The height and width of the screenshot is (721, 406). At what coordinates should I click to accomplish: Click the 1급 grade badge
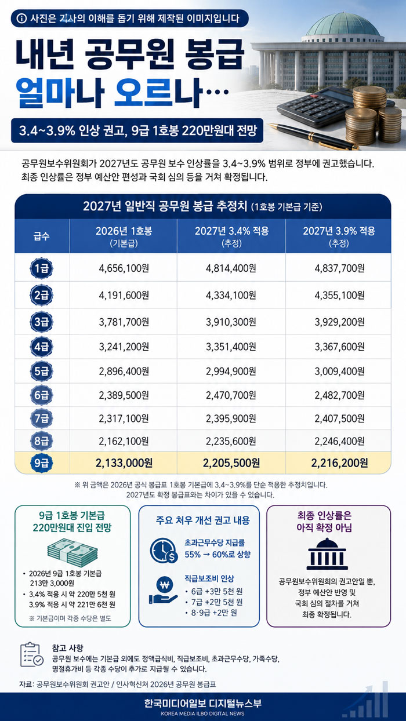point(41,268)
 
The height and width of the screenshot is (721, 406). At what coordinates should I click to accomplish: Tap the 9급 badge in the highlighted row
point(41,463)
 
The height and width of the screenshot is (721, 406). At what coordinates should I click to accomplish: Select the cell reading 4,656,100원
point(124,268)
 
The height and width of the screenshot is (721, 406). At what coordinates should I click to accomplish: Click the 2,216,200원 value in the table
point(339,463)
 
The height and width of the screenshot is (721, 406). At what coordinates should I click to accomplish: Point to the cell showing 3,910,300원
point(231,322)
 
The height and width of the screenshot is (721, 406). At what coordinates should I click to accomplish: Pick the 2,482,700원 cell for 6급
point(340,395)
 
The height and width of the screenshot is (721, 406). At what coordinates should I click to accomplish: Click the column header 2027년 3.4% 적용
point(231,231)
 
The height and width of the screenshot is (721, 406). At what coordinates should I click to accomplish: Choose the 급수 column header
point(42,236)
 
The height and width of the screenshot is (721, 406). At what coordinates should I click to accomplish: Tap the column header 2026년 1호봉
point(124,231)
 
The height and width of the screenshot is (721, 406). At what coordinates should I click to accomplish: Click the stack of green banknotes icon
point(72,552)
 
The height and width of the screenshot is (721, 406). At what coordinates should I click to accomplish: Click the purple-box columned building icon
point(327,554)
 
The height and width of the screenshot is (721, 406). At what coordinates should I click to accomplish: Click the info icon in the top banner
point(21,19)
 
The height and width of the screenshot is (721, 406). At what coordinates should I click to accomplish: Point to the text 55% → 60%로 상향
point(217,554)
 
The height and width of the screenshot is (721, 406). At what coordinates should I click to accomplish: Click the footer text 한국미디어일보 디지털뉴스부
point(202,703)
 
